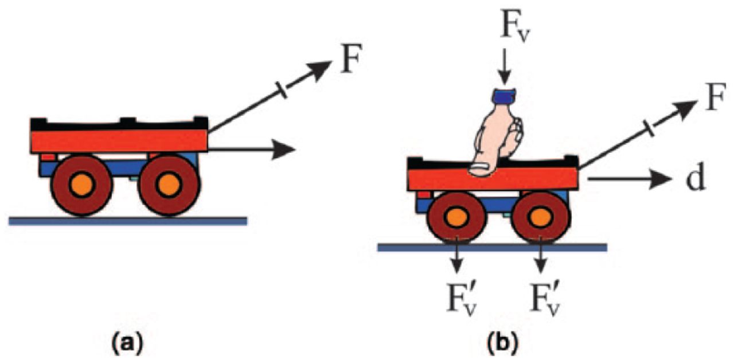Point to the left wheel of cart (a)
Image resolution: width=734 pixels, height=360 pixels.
tap(81, 185)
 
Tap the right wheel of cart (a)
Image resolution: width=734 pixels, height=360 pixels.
tap(169, 185)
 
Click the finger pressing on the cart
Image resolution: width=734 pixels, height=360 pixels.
tap(494, 138)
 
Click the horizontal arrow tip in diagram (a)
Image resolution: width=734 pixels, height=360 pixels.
tap(287, 150)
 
